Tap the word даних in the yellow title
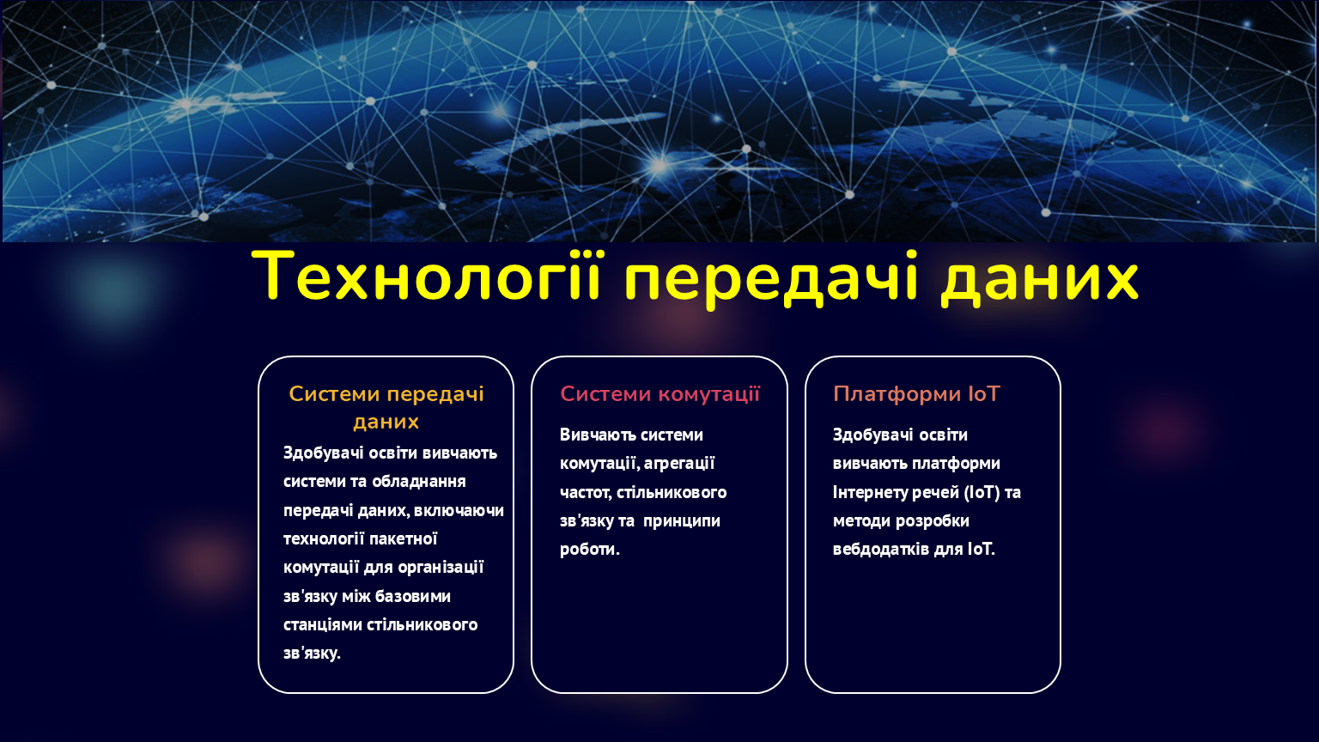[x=1039, y=280]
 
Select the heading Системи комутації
[x=659, y=394]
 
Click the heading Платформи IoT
[x=916, y=394]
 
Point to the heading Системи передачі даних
[x=386, y=408]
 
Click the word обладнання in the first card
[x=419, y=482]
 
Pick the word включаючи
[x=459, y=511]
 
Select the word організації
[x=441, y=568]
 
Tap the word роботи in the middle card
[x=589, y=550]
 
